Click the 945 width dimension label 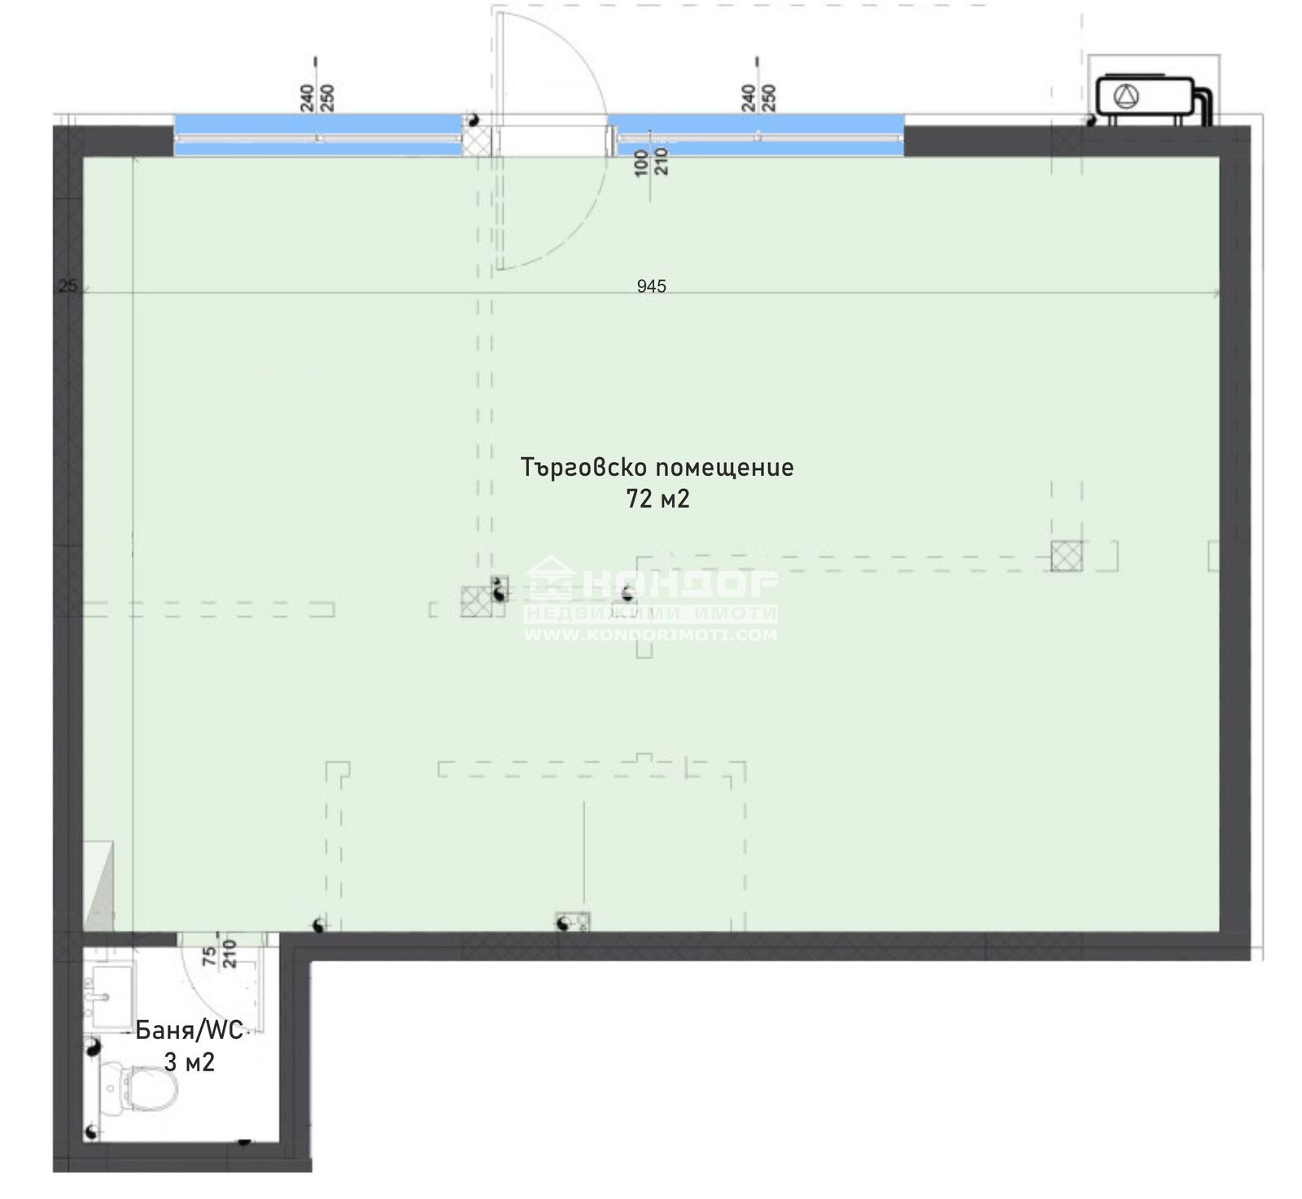point(651,286)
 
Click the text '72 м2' point(658,499)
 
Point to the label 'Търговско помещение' point(657,468)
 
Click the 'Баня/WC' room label point(189,1031)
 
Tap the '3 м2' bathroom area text point(190,1062)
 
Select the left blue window point(318,134)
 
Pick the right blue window point(757,134)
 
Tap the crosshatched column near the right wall point(1066,556)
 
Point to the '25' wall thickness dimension point(68,286)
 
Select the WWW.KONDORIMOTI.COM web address point(649,634)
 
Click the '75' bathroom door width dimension point(210,955)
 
